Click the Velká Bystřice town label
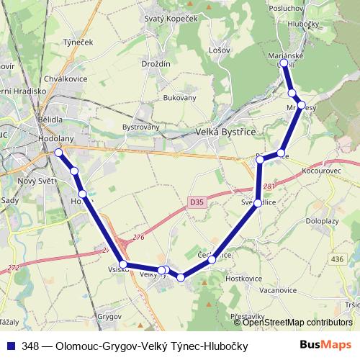pos(227,132)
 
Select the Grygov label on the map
pos(109,316)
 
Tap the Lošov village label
pos(218,50)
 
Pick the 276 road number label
pos(138,237)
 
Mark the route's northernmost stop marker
pos(284,63)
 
